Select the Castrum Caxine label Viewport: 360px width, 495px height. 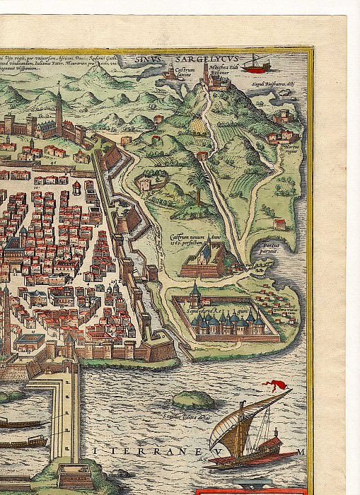[183, 92]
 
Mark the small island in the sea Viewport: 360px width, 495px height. [194, 400]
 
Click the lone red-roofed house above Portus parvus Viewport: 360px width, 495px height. [279, 225]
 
